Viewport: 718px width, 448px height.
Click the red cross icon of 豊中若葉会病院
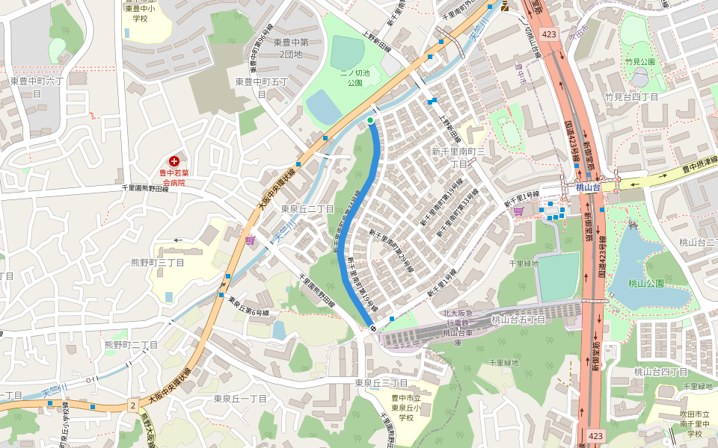pyautogui.click(x=174, y=161)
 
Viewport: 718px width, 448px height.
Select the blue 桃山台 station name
pyautogui.click(x=588, y=187)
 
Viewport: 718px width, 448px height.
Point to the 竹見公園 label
pyautogui.click(x=639, y=62)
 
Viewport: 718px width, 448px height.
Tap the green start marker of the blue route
pyautogui.click(x=370, y=119)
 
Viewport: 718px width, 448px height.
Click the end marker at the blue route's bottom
pyautogui.click(x=372, y=328)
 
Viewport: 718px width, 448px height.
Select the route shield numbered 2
pyautogui.click(x=132, y=405)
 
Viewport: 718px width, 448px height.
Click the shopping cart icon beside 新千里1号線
pyautogui.click(x=518, y=211)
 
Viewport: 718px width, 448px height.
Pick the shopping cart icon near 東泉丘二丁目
pyautogui.click(x=250, y=240)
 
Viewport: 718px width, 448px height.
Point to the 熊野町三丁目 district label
pyautogui.click(x=158, y=262)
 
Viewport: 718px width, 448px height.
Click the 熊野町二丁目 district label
pyautogui.click(x=132, y=345)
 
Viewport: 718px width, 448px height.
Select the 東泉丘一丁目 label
pyautogui.click(x=240, y=399)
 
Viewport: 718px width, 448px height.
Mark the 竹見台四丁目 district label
pyautogui.click(x=631, y=97)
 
